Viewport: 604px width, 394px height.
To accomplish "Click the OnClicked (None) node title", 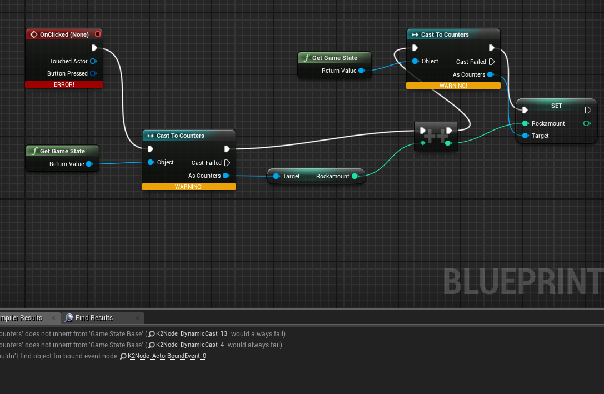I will (x=64, y=34).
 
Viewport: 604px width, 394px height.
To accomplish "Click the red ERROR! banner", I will (x=64, y=84).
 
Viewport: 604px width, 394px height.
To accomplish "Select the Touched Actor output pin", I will (x=93, y=61).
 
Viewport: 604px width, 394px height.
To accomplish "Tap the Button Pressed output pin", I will (x=93, y=73).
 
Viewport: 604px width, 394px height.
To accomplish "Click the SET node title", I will (x=556, y=106).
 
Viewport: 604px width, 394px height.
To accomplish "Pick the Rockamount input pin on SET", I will (x=525, y=123).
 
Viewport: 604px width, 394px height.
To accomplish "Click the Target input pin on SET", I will (x=525, y=136).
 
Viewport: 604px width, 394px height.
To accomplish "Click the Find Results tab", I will (x=94, y=318).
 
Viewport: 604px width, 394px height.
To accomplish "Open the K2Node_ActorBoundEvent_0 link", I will (x=167, y=356).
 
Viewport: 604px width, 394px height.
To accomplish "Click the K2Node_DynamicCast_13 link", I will (x=192, y=333).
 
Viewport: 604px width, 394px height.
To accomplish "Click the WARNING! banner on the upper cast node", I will (x=453, y=86).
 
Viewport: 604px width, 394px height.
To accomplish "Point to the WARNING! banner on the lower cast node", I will (x=189, y=187).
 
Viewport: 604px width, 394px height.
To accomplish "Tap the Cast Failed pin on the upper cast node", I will (x=492, y=62).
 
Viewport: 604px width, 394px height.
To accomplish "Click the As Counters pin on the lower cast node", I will (x=226, y=176).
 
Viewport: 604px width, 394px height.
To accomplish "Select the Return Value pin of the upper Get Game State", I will (x=361, y=71).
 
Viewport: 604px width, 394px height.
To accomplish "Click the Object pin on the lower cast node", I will (x=151, y=162).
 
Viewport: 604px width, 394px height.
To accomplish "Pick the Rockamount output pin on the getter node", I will (x=355, y=176).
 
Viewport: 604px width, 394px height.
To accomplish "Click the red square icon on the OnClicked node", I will (x=98, y=34).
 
